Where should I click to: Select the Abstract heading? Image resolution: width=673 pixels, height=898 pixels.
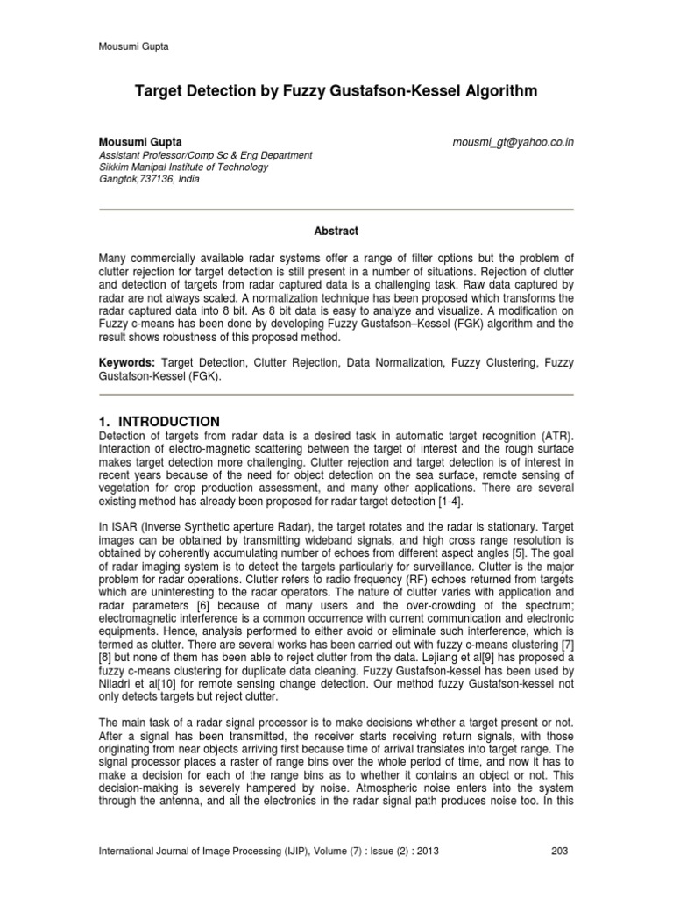pos(336,231)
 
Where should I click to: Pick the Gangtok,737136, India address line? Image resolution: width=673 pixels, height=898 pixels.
pos(148,179)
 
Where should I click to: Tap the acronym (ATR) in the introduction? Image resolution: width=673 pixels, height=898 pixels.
pos(549,438)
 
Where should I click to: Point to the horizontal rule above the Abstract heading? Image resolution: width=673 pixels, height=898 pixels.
pos(336,209)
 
